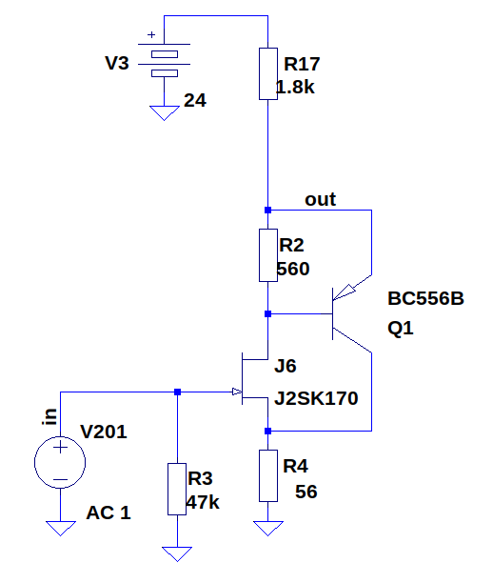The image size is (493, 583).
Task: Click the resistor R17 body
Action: tap(267, 73)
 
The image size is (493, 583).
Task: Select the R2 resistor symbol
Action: tap(267, 255)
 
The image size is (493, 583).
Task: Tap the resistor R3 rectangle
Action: tap(177, 489)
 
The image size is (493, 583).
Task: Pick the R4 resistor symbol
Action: tap(267, 475)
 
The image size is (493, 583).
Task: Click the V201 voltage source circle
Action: tap(60, 462)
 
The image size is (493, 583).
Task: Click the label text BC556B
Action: tap(425, 298)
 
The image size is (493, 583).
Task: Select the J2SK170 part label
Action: tap(316, 398)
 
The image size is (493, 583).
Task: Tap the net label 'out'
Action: tap(320, 200)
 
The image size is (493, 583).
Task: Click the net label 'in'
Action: tap(49, 416)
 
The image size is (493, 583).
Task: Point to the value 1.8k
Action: tap(295, 88)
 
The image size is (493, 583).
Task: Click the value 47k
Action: tap(203, 502)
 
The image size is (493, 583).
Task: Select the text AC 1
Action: tap(108, 513)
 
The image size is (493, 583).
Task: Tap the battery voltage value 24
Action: tap(195, 100)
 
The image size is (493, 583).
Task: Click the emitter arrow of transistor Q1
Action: tap(345, 291)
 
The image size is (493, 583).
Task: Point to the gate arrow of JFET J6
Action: tap(237, 392)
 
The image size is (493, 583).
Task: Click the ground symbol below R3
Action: tap(177, 553)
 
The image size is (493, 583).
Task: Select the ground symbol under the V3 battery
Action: tap(165, 113)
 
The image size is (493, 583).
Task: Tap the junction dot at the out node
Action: tap(267, 211)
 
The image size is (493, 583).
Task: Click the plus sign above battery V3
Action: tap(151, 34)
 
